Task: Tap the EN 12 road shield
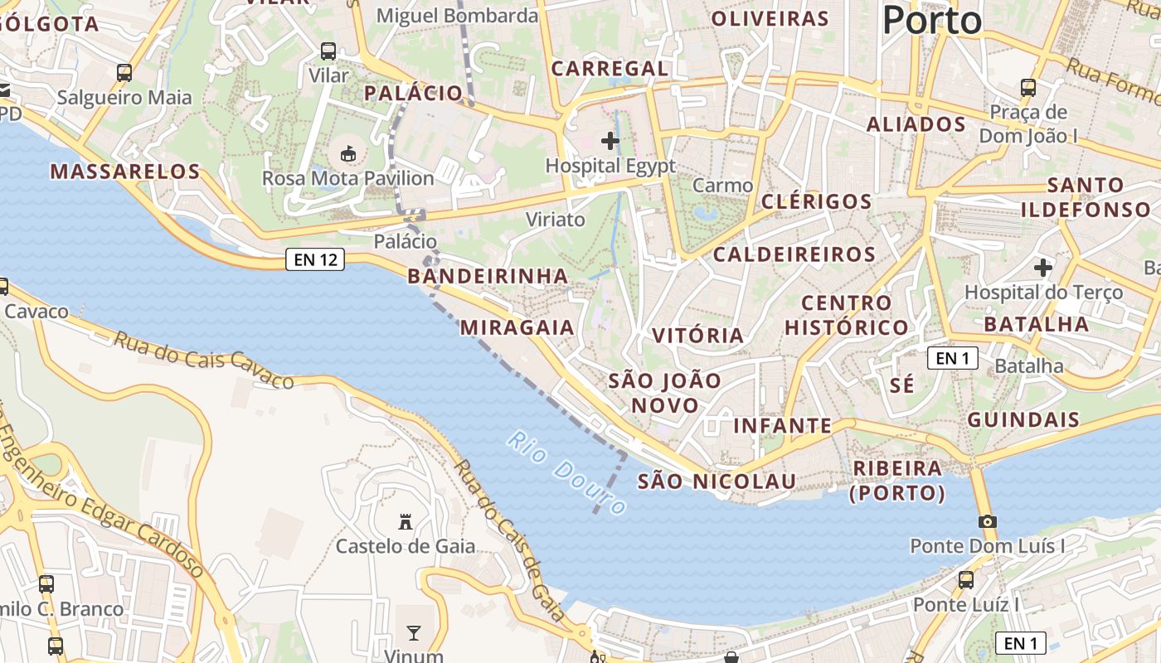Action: click(315, 259)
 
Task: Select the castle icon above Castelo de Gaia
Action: click(406, 521)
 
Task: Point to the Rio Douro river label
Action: click(567, 473)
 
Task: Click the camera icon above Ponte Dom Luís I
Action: click(987, 521)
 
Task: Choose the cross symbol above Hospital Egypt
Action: click(610, 141)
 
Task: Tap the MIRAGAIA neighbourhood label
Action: click(517, 327)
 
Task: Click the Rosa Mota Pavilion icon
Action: click(348, 153)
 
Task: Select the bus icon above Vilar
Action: click(328, 51)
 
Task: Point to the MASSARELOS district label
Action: click(125, 172)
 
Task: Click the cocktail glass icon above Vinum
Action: click(414, 634)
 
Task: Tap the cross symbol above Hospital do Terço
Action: click(1043, 268)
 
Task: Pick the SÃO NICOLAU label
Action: click(717, 481)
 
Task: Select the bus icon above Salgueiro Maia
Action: click(124, 73)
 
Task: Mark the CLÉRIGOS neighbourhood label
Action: click(816, 201)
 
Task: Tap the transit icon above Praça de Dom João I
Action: click(1028, 87)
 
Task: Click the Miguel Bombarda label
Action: click(457, 15)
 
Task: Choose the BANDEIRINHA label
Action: click(488, 276)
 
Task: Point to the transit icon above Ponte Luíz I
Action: click(966, 580)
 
